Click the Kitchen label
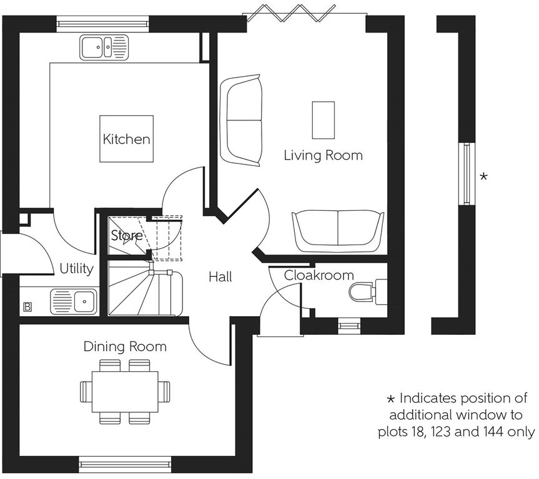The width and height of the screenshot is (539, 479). click(127, 139)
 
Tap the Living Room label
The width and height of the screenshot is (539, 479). click(323, 155)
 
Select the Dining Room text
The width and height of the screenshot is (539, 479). click(125, 346)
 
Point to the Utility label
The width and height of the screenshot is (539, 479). click(76, 268)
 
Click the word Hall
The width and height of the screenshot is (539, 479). click(220, 277)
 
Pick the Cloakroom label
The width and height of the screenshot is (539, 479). click(319, 275)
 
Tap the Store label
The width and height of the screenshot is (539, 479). click(127, 235)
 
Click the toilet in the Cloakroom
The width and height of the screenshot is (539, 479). click(368, 292)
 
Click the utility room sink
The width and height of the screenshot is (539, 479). click(74, 302)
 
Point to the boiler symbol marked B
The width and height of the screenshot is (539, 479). click(27, 307)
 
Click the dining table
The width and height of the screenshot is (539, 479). click(125, 392)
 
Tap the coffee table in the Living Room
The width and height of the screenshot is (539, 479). click(323, 120)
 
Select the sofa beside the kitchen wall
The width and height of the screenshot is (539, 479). click(241, 120)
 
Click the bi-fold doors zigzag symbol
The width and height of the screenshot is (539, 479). click(292, 14)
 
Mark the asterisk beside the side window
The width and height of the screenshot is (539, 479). click(483, 177)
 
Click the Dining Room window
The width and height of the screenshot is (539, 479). click(125, 465)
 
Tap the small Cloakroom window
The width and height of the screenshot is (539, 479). click(349, 326)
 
